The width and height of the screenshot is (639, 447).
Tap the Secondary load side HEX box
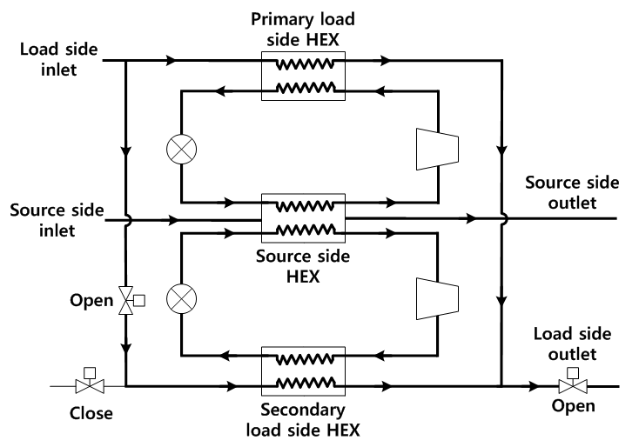tap(303, 369)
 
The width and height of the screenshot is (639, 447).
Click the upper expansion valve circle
tap(181, 149)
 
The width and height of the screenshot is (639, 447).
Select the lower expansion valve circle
tap(181, 298)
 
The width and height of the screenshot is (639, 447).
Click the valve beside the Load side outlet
tap(571, 384)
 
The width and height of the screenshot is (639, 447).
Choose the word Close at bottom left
tap(91, 413)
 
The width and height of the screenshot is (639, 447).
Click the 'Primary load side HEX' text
tap(303, 29)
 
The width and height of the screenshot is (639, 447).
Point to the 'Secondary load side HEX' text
tap(303, 419)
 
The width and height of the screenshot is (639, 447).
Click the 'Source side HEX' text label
tap(303, 267)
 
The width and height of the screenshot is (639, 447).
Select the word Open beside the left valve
tap(93, 302)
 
